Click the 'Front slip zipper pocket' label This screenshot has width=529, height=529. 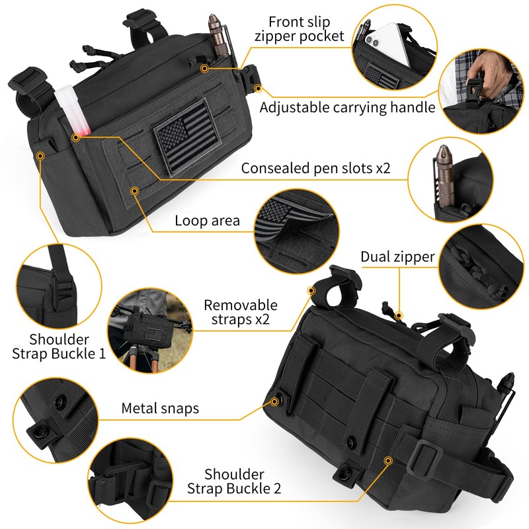[300, 28]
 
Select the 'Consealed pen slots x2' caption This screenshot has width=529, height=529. [315, 168]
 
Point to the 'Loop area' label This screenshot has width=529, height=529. [207, 221]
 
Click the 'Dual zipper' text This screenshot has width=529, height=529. [397, 257]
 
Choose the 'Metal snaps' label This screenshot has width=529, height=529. [160, 408]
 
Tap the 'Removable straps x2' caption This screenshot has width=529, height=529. [240, 313]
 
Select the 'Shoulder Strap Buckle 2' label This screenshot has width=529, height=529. [234, 481]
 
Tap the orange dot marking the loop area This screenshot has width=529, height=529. [135, 190]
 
